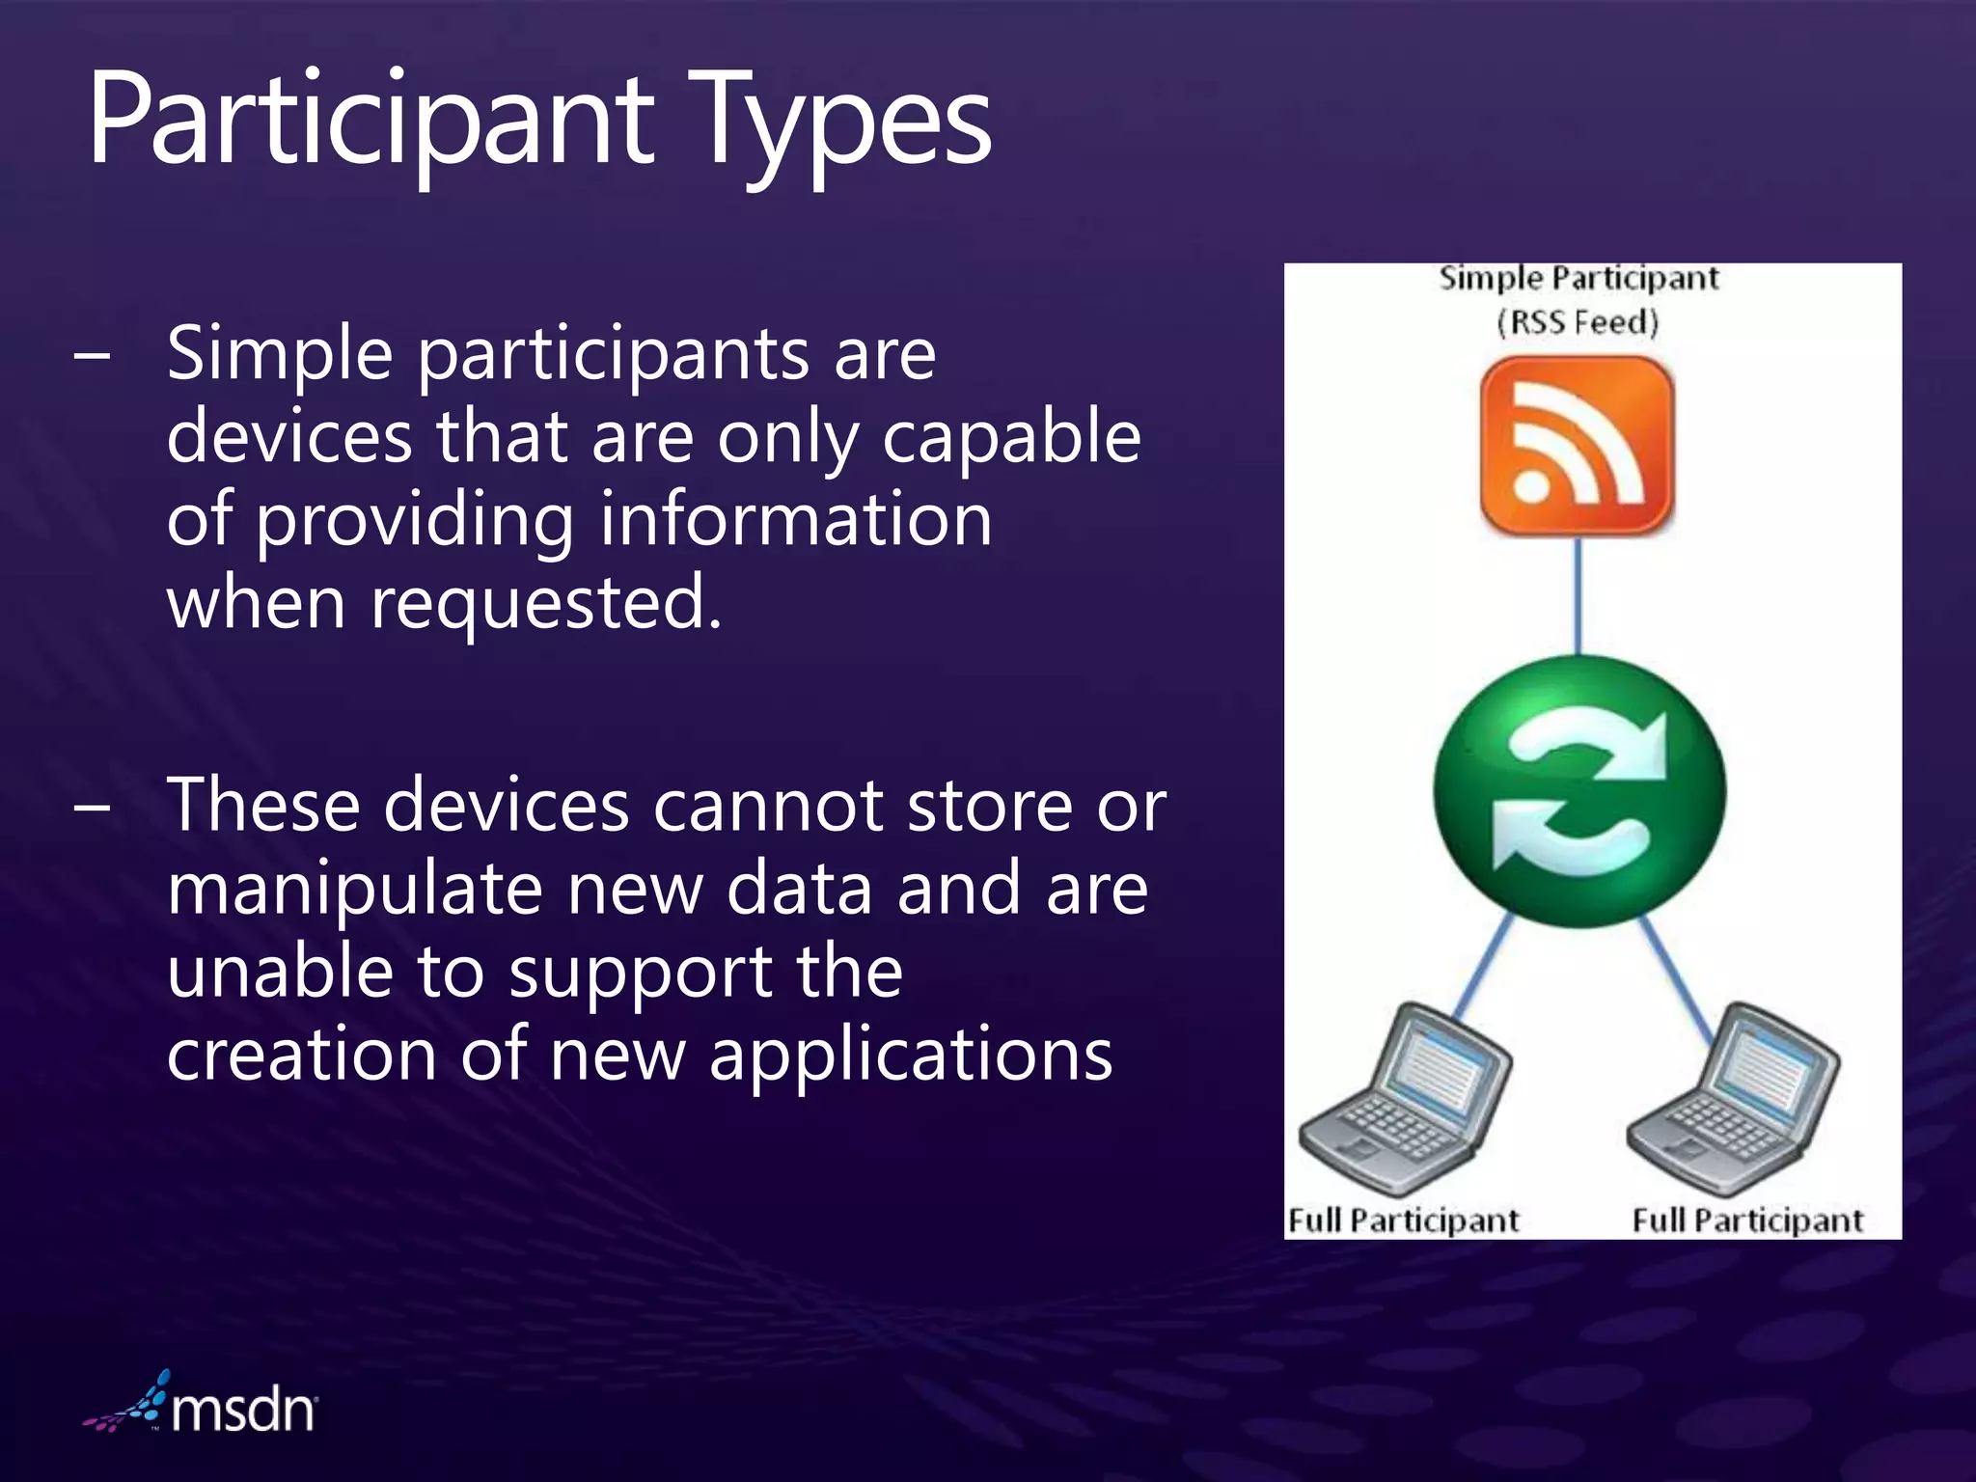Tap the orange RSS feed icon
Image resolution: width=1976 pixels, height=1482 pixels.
pos(1577,446)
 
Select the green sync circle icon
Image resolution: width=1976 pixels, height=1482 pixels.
pos(1579,791)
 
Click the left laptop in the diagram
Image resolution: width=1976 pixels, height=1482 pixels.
pos(1404,1100)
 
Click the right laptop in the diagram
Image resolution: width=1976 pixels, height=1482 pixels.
pos(1734,1100)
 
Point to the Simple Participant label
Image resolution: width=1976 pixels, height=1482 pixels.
pos(1578,279)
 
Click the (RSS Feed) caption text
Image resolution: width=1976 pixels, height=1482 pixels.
pos(1578,321)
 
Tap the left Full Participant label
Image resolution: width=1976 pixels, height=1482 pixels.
pos(1404,1221)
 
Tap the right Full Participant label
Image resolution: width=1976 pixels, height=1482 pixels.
pos(1747,1221)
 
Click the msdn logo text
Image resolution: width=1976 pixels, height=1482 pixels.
pos(243,1411)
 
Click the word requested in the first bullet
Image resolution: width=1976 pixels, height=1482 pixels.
pos(546,603)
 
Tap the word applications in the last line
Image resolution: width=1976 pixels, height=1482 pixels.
pos(911,1054)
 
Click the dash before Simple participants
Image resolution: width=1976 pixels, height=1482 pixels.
pos(92,355)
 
